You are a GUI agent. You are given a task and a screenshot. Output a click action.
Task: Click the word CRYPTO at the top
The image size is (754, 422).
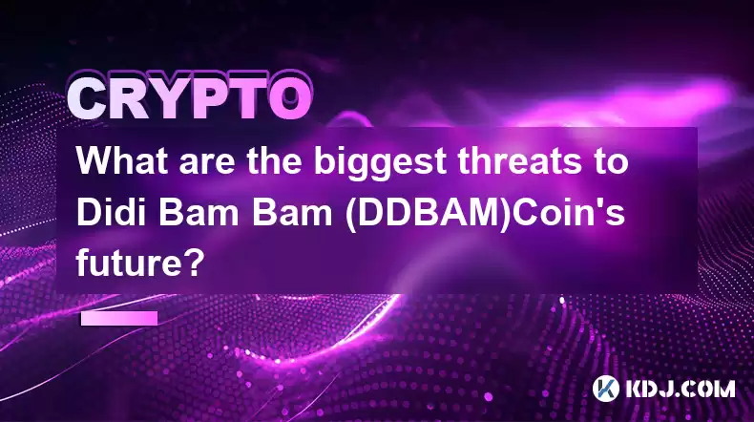[x=190, y=98]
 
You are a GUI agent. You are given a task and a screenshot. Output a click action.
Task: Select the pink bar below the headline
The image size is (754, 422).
[x=119, y=319]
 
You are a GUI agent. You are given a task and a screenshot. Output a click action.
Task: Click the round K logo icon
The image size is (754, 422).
[x=605, y=389]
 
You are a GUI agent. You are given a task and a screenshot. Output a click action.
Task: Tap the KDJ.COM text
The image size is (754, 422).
[x=680, y=390]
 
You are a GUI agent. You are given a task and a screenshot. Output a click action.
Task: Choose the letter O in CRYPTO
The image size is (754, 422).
[x=290, y=99]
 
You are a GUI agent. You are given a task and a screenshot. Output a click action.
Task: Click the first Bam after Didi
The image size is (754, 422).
[x=199, y=213]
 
